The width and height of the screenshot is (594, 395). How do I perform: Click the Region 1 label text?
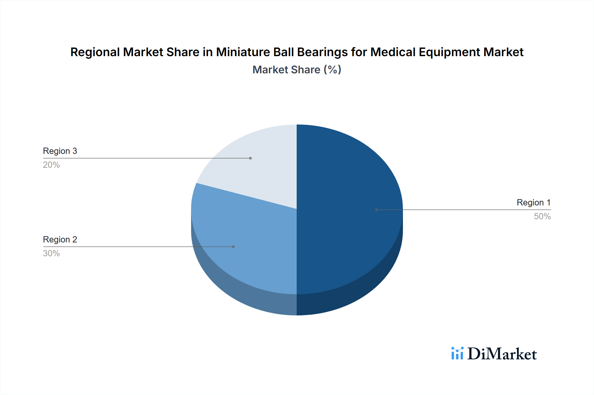tap(533, 202)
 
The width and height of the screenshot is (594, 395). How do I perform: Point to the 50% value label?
tap(542, 216)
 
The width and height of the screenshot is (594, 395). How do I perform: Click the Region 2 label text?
tap(60, 239)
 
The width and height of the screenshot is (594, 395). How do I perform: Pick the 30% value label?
tap(51, 253)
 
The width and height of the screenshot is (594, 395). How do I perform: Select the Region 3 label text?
tap(60, 151)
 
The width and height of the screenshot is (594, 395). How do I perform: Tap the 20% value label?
tap(51, 165)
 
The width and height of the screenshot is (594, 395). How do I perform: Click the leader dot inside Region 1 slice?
tap(377, 210)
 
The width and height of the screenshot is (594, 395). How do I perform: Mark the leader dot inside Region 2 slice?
tap(233, 247)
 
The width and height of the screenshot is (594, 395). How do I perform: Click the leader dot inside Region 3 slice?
tap(250, 158)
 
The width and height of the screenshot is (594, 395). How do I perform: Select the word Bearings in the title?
tap(322, 52)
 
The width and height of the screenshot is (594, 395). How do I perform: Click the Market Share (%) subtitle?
tap(297, 70)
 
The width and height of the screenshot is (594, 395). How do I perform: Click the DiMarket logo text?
tap(502, 354)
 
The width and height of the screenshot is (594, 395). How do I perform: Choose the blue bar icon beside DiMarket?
tap(457, 353)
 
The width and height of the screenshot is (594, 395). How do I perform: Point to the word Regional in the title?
tap(95, 52)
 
